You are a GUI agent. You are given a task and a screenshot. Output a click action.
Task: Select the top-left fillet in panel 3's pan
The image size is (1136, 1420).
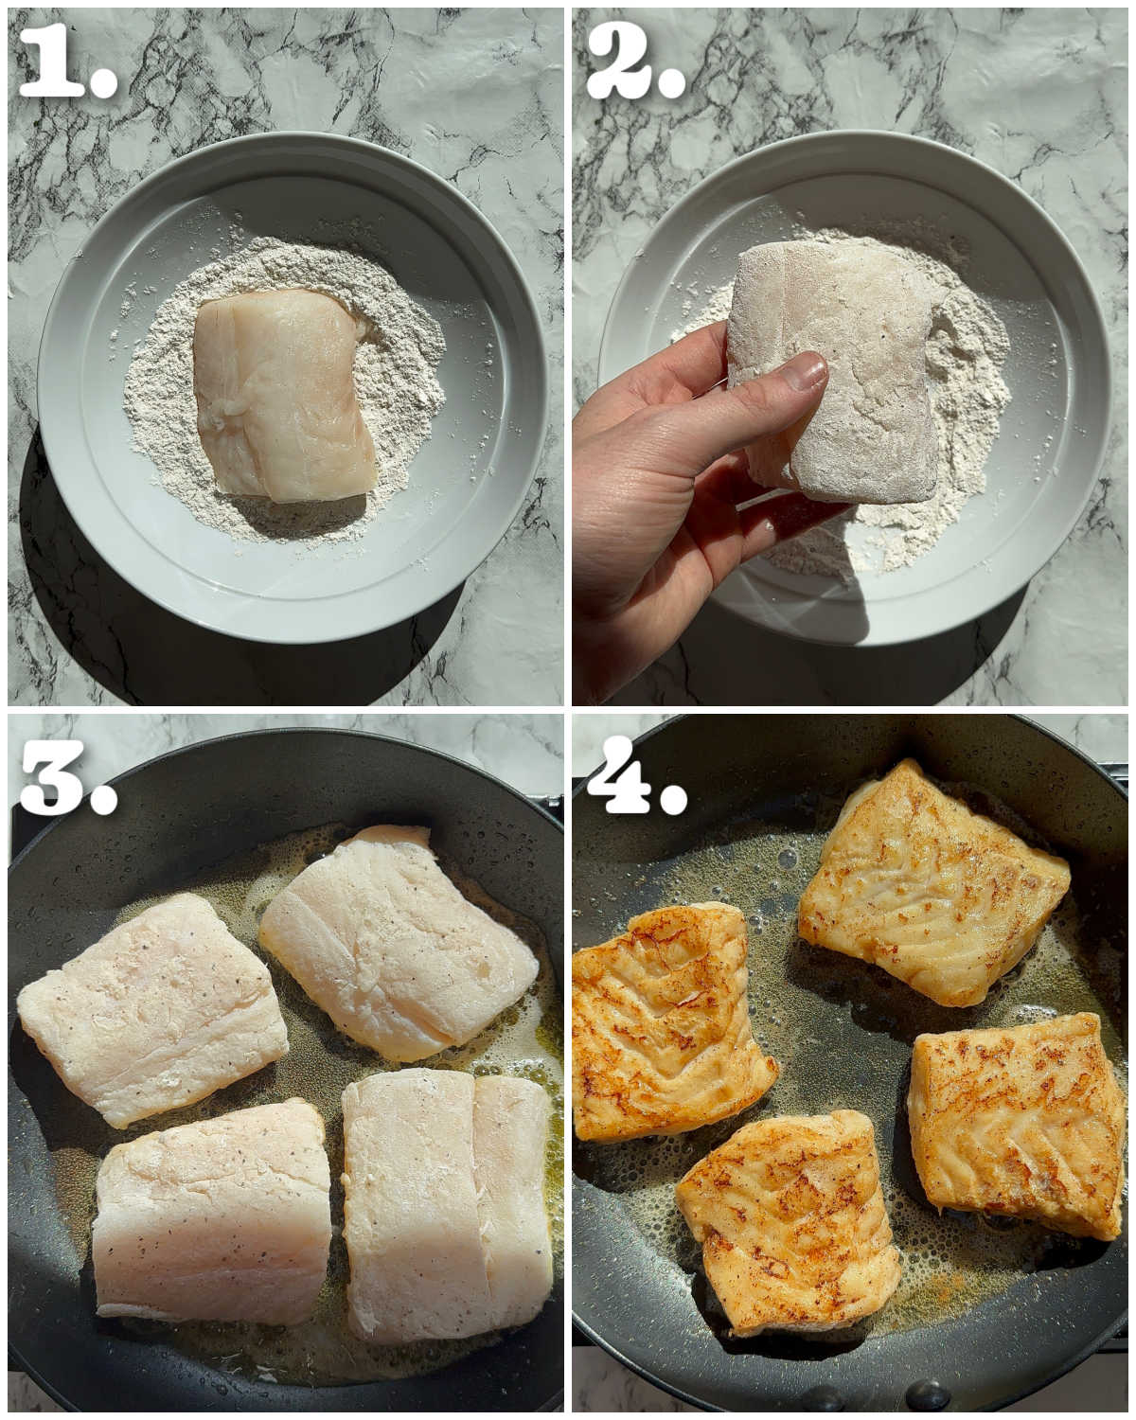tap(151, 1008)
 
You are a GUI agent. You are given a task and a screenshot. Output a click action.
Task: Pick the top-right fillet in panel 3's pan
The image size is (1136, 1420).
tap(398, 942)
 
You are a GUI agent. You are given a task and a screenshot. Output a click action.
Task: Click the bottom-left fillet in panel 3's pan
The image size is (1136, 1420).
tap(213, 1212)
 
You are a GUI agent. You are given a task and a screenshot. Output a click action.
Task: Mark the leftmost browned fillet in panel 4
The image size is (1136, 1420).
tap(667, 1022)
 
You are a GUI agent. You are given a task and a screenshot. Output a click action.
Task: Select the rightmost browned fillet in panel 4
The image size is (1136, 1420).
tap(1018, 1122)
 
